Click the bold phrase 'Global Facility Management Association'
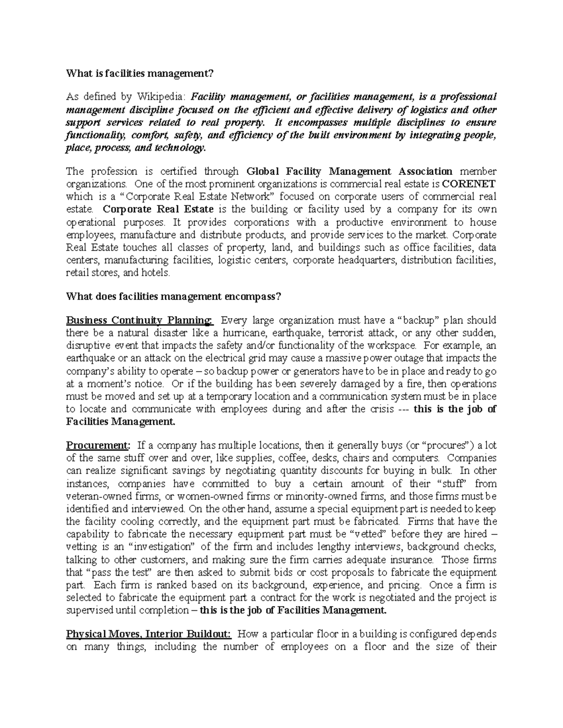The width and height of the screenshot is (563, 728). click(350, 171)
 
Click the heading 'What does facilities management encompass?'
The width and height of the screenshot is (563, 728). click(174, 296)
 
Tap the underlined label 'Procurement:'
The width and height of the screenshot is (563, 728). click(97, 445)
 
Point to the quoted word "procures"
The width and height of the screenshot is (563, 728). click(450, 445)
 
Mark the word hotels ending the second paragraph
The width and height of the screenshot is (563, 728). click(154, 272)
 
